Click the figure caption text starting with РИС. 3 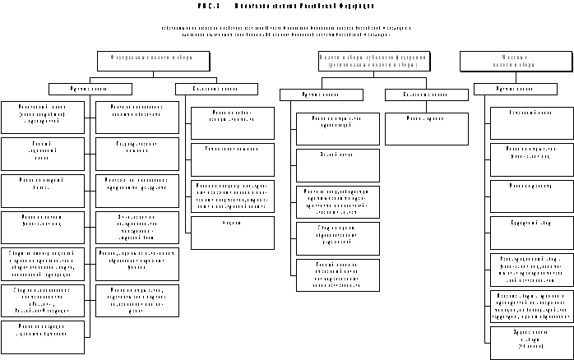[x=287, y=6]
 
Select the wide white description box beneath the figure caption [x=287, y=30]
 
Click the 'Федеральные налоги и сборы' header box [x=152, y=60]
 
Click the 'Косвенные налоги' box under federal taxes [x=216, y=89]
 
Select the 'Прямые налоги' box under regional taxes [x=321, y=95]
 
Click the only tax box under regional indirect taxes [x=426, y=128]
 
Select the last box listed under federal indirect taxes [x=233, y=233]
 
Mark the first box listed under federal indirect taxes [x=233, y=122]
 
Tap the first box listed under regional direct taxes [x=338, y=128]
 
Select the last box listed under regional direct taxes [x=338, y=275]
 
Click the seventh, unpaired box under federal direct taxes [x=43, y=337]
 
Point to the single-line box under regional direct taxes [x=338, y=165]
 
